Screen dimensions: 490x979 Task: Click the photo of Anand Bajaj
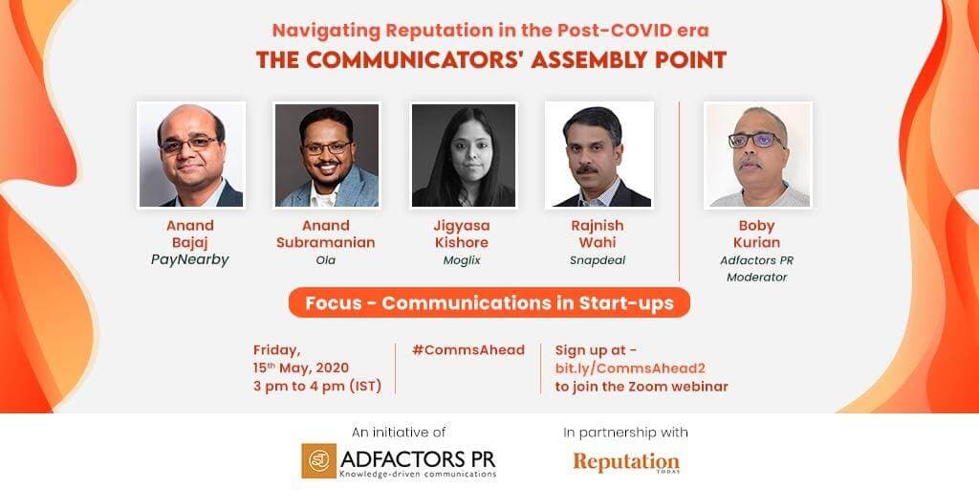[x=191, y=155]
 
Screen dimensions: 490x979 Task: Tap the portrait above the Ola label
[x=327, y=155]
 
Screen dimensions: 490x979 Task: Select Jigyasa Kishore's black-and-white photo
[x=463, y=155]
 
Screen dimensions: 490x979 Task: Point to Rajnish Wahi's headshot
[x=598, y=155]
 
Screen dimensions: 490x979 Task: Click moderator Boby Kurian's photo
[x=757, y=155]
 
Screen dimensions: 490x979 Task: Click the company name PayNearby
[x=191, y=259]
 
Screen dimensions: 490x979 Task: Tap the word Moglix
[x=462, y=259]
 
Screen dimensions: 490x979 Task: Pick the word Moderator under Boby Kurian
[x=757, y=278]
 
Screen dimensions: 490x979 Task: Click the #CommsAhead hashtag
[x=468, y=350]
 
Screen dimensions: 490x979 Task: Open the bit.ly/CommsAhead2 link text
[x=631, y=368]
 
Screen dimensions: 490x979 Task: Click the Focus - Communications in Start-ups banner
[x=489, y=303]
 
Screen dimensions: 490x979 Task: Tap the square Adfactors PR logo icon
[x=318, y=460]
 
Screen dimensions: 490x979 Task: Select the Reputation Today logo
[x=626, y=461]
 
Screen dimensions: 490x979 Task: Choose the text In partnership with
[x=626, y=433]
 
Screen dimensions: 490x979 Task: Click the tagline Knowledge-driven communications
[x=418, y=473]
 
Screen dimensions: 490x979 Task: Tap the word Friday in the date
[x=276, y=350]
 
